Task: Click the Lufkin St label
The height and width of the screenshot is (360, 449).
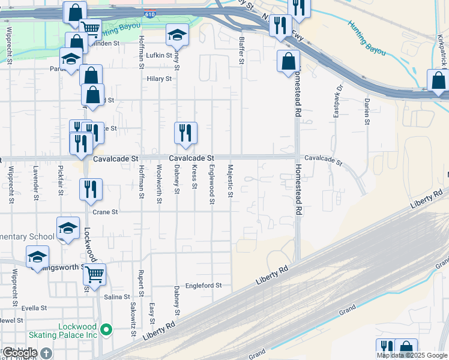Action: click(159, 56)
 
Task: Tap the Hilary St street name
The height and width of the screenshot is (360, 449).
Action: click(159, 79)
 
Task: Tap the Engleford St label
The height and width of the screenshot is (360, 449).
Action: click(203, 286)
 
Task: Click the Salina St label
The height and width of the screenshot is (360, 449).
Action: click(117, 297)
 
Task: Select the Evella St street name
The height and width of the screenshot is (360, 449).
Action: click(34, 308)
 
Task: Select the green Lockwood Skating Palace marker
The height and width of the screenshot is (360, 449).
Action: click(106, 329)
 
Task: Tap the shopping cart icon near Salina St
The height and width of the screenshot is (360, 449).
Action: click(94, 275)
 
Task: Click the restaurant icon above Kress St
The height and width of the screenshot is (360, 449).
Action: click(185, 133)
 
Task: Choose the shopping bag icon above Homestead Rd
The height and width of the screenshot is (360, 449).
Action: click(289, 61)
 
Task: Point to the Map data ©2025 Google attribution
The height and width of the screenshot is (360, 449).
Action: click(412, 355)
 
